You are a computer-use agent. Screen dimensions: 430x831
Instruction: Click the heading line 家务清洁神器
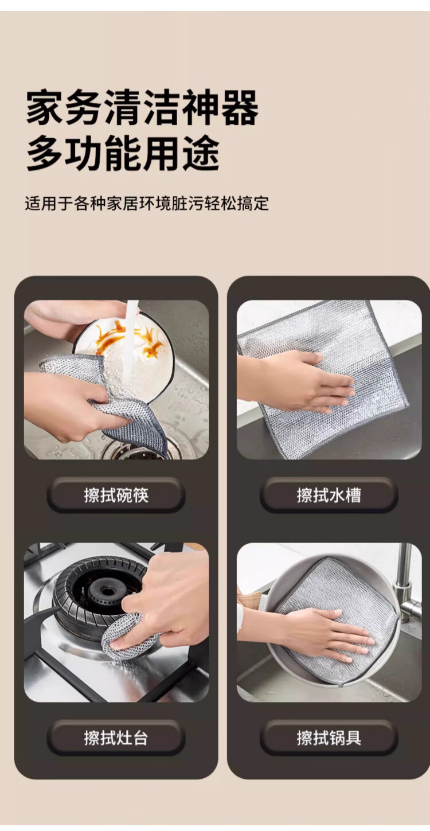(x=142, y=108)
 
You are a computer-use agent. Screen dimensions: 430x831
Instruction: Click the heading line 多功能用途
(x=123, y=153)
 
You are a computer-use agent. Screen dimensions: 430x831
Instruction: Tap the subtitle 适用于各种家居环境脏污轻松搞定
(x=147, y=204)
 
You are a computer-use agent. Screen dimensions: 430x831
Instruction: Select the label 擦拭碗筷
(x=116, y=496)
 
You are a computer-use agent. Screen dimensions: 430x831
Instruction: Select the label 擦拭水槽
(x=329, y=496)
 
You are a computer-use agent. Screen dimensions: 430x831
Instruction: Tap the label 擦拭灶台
(x=116, y=738)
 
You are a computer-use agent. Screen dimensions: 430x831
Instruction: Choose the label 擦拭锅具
(x=329, y=738)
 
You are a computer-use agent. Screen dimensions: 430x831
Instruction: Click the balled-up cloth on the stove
(x=128, y=635)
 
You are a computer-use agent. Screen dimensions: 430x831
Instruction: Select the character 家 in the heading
(x=45, y=108)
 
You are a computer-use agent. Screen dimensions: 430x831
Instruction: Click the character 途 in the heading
(x=201, y=153)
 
